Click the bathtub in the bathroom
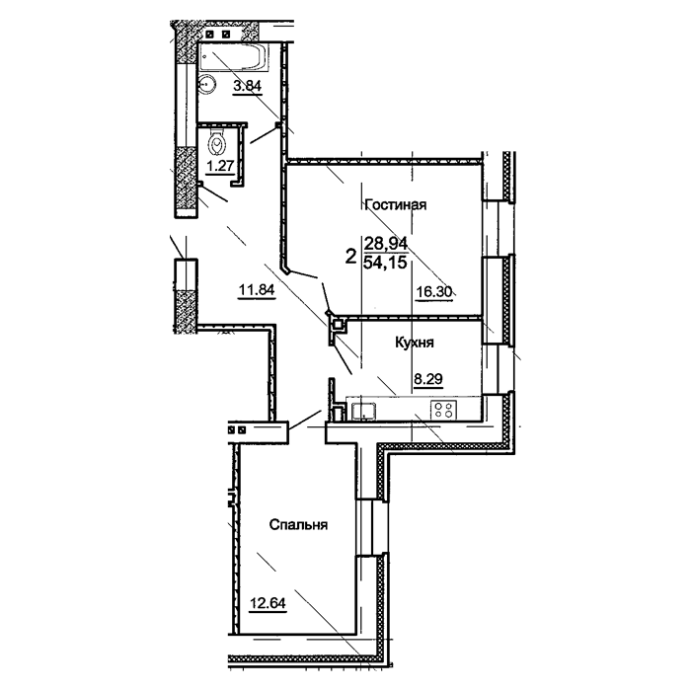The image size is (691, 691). point(233,57)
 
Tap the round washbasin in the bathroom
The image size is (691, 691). point(207,84)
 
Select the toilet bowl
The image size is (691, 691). point(217,142)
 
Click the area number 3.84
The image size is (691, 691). point(247,85)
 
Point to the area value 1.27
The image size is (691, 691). point(220,166)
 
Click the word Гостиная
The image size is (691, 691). point(396,205)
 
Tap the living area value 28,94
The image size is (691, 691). point(386,243)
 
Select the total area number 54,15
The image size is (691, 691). point(385,263)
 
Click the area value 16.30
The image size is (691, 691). point(434,291)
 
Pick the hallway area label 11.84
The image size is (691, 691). point(257,289)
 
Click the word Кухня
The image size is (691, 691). point(415,343)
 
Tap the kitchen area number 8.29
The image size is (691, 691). point(427,378)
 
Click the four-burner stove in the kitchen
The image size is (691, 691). point(443,410)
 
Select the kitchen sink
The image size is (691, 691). point(363,411)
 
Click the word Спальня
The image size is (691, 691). point(298,525)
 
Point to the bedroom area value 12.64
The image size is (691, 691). point(268,602)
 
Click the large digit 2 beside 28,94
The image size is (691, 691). point(350,256)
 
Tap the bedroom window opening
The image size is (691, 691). point(371,526)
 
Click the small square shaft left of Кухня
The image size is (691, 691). point(338,325)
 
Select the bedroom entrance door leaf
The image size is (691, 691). point(305,420)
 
